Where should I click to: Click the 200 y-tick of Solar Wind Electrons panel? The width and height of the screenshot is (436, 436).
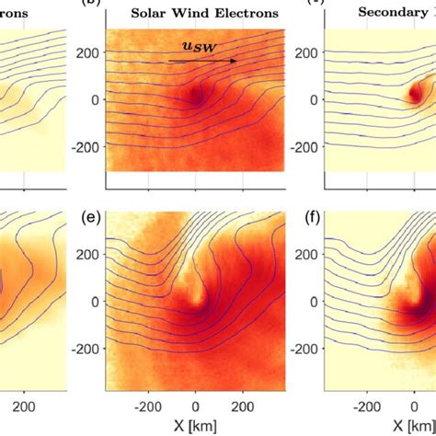pos(88,53)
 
